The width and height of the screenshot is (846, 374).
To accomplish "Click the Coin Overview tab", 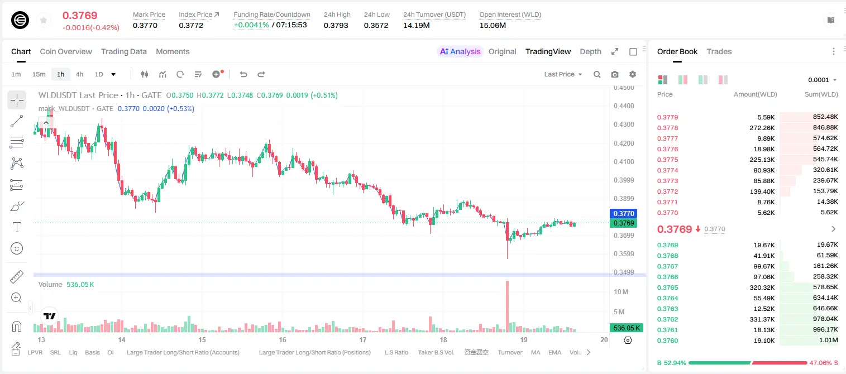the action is click(x=66, y=51).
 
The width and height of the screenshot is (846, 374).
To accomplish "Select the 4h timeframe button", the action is click(x=79, y=74).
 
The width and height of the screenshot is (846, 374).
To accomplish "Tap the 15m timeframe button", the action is click(x=39, y=74).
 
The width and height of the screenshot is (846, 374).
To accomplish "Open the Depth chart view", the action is click(x=590, y=51).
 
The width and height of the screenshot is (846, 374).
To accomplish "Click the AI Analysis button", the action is click(x=460, y=51).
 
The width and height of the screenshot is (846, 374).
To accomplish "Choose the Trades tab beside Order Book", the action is click(x=719, y=51).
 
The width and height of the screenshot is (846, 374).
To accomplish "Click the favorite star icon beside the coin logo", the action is click(x=44, y=20).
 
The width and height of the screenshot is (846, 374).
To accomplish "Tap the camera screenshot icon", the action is click(x=615, y=74).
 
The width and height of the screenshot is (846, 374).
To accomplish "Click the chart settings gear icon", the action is click(x=633, y=74).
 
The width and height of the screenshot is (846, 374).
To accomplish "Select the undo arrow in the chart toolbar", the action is click(x=243, y=74).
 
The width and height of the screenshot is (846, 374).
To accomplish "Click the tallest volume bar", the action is click(x=507, y=306).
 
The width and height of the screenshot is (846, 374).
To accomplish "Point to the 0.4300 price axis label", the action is click(x=624, y=124).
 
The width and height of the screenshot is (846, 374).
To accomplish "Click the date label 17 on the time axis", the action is click(x=363, y=339).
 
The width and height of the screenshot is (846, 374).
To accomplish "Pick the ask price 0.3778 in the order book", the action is click(x=667, y=128).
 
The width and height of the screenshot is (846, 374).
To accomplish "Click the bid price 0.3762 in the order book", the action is click(x=667, y=319).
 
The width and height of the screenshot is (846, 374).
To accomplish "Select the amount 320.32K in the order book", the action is click(x=762, y=287).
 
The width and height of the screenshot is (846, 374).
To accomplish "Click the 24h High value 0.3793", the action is click(x=336, y=25).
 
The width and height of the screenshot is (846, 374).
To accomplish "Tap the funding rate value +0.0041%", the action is click(x=251, y=25).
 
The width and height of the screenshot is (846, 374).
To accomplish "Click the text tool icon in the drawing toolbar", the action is click(x=17, y=227).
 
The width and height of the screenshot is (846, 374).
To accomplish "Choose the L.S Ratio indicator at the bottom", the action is click(x=396, y=352).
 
